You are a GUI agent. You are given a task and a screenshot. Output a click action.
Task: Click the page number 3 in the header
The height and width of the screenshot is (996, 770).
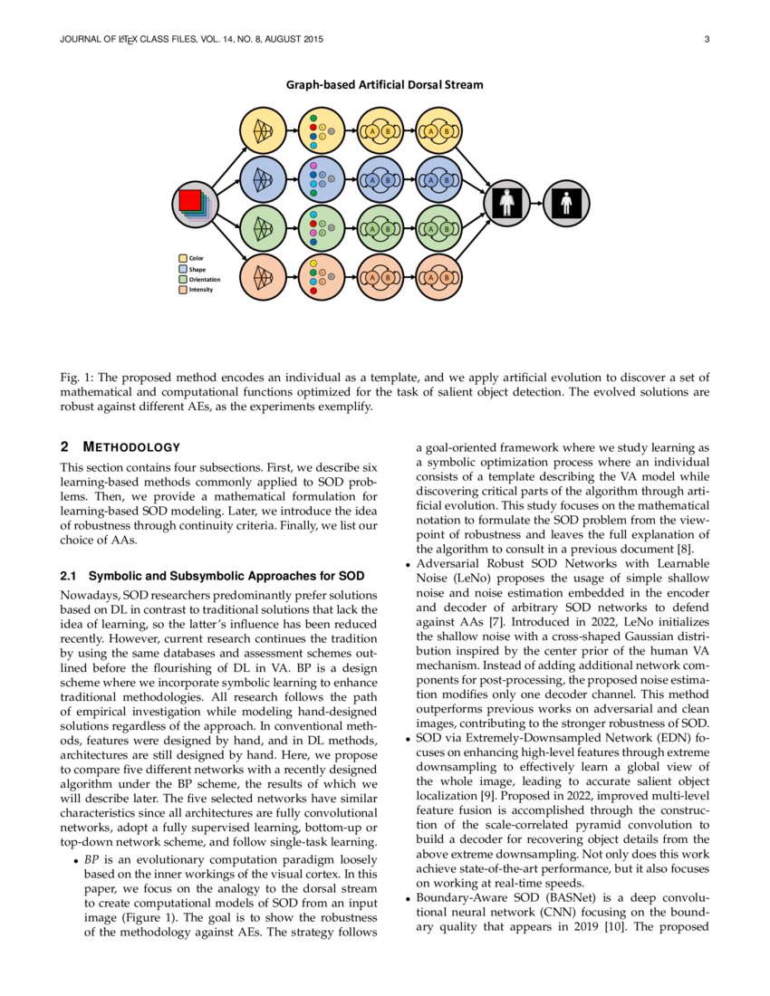pyautogui.click(x=705, y=39)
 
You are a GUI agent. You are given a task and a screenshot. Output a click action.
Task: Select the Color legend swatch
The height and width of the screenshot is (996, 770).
pyautogui.click(x=183, y=259)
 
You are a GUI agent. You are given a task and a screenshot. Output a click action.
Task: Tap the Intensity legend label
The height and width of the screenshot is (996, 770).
pyautogui.click(x=201, y=289)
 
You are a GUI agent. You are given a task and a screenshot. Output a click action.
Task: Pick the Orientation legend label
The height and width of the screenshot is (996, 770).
pyautogui.click(x=204, y=279)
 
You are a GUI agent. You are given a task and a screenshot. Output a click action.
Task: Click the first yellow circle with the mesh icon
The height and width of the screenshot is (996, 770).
pyautogui.click(x=265, y=131)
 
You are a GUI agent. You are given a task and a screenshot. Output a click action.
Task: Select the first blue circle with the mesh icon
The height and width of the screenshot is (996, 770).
pyautogui.click(x=265, y=180)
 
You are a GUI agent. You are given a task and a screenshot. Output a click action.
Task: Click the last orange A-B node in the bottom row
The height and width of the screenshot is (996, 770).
pyautogui.click(x=438, y=277)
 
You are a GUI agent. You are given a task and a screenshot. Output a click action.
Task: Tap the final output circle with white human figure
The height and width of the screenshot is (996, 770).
pyautogui.click(x=567, y=204)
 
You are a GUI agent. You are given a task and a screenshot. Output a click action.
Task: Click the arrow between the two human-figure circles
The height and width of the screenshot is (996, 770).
pyautogui.click(x=536, y=204)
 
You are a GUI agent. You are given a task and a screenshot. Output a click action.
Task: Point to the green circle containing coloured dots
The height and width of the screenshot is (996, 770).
pyautogui.click(x=322, y=229)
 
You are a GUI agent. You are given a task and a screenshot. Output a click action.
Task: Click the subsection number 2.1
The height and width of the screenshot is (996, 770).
pyautogui.click(x=68, y=576)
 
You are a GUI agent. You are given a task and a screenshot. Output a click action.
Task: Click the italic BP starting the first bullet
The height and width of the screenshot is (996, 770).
pyautogui.click(x=91, y=857)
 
